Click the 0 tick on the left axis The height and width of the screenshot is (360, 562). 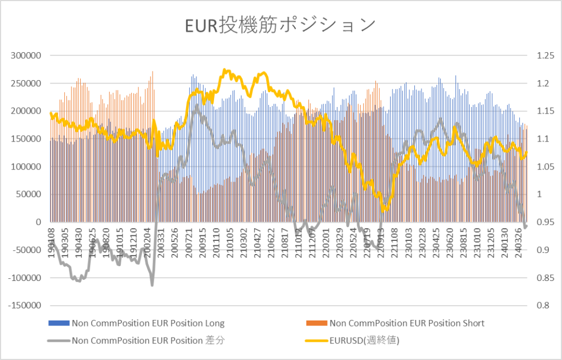pos(38,222)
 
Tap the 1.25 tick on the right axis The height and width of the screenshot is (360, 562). pos(536,56)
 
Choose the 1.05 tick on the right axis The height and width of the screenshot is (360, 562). pos(536,167)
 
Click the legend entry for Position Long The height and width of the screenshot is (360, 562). pos(148,323)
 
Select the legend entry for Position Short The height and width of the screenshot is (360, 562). pos(407,323)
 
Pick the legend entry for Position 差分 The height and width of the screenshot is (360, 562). pos(148,340)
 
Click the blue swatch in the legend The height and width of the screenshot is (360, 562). pos(58,323)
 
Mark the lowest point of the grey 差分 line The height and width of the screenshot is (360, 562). pos(152,285)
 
